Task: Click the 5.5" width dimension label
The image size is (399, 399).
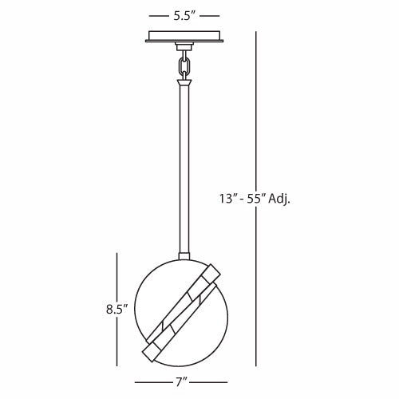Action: [184, 16]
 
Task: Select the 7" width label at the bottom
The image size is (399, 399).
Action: [182, 382]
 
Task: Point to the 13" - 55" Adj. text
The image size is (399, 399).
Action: [255, 199]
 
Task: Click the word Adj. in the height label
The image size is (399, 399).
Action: [279, 199]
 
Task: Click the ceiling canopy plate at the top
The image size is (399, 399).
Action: [184, 37]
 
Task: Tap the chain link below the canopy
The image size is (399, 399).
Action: [184, 66]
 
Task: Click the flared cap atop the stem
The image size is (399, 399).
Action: [184, 81]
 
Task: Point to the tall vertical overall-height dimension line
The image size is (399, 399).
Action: [256, 199]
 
